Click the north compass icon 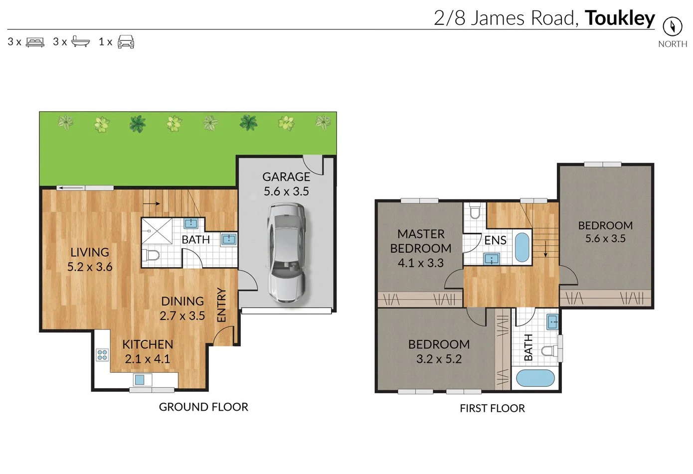[672, 26]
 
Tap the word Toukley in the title [619, 18]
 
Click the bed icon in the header [35, 42]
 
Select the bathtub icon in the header [80, 41]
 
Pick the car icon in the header [126, 42]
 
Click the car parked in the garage [286, 252]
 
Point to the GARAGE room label [286, 177]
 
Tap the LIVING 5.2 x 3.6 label [90, 259]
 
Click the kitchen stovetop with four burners [102, 355]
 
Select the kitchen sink [140, 380]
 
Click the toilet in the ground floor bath [151, 256]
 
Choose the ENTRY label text [222, 305]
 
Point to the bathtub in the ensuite [521, 247]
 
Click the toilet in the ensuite [475, 211]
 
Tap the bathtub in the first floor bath [535, 378]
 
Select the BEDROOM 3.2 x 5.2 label [439, 351]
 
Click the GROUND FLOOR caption [203, 407]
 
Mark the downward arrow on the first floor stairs [545, 249]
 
